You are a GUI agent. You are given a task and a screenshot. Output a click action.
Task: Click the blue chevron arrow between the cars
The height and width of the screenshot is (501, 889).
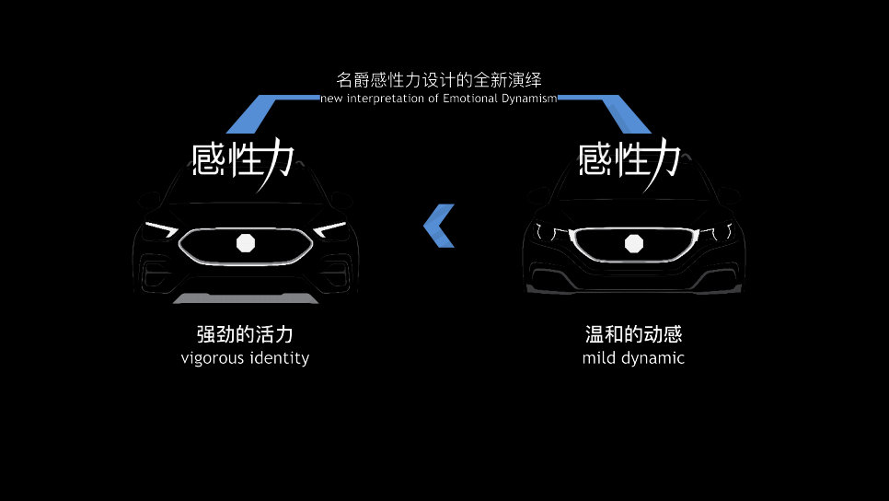[x=439, y=226]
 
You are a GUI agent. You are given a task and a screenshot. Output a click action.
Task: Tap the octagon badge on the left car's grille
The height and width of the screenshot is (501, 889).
[x=246, y=243]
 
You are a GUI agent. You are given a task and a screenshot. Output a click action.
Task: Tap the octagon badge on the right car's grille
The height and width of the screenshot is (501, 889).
[x=633, y=243]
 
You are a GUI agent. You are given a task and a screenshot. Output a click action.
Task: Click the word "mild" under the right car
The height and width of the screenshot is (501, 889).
[x=599, y=357]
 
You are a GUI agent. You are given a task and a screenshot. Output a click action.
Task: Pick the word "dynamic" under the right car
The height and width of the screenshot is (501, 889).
[x=652, y=358]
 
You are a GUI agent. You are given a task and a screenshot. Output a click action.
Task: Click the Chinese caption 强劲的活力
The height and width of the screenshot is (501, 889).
[x=245, y=333]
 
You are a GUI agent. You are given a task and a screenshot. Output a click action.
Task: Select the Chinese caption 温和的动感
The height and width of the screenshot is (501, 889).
[x=633, y=333]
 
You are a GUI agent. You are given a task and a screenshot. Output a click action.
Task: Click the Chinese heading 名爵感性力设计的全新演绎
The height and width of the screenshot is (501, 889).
[x=438, y=80]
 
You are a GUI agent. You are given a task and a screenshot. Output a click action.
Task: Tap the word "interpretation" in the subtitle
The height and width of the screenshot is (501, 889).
[x=386, y=99]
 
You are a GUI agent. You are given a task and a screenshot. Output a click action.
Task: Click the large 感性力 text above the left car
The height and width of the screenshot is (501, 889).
[x=244, y=159]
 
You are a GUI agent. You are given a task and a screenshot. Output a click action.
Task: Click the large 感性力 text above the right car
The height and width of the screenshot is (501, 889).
[x=630, y=159]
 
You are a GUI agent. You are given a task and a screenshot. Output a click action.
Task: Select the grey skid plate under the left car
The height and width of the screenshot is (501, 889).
[x=246, y=298]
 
